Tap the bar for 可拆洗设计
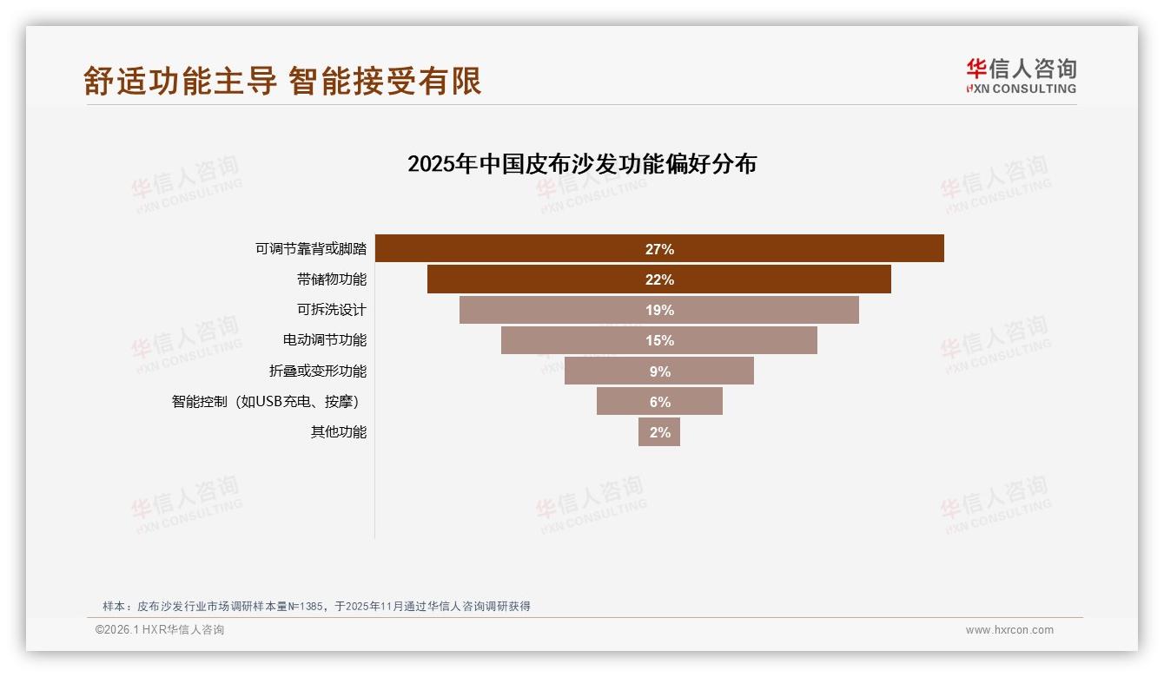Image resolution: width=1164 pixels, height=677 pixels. [565, 310]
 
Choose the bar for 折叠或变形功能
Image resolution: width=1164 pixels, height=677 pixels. [608, 371]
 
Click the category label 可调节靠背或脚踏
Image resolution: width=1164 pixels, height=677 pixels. [311, 249]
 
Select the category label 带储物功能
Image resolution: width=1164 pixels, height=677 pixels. [332, 279]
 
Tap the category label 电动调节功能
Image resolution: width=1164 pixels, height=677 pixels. [325, 340]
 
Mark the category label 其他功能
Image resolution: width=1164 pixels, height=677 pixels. [339, 431]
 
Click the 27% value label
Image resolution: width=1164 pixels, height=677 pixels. [659, 249]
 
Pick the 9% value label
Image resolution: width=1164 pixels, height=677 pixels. [659, 371]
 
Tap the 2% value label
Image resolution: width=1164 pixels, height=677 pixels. [660, 432]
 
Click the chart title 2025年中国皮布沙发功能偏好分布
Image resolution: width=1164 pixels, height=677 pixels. [582, 164]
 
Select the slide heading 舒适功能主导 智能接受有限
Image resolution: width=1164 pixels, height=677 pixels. [282, 81]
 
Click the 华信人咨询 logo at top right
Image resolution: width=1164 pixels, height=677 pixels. [1021, 76]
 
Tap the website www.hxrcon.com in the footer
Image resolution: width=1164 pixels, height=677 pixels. [1009, 630]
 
